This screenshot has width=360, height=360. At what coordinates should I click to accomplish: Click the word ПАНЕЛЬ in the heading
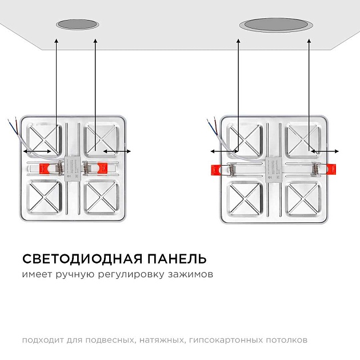[178, 259]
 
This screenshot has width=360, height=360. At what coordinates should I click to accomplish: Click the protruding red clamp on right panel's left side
[215, 170]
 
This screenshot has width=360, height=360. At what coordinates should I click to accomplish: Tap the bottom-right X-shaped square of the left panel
[102, 197]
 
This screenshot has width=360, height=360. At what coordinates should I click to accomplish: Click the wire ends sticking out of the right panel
[211, 123]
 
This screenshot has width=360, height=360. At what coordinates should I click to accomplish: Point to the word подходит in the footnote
[41, 340]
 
